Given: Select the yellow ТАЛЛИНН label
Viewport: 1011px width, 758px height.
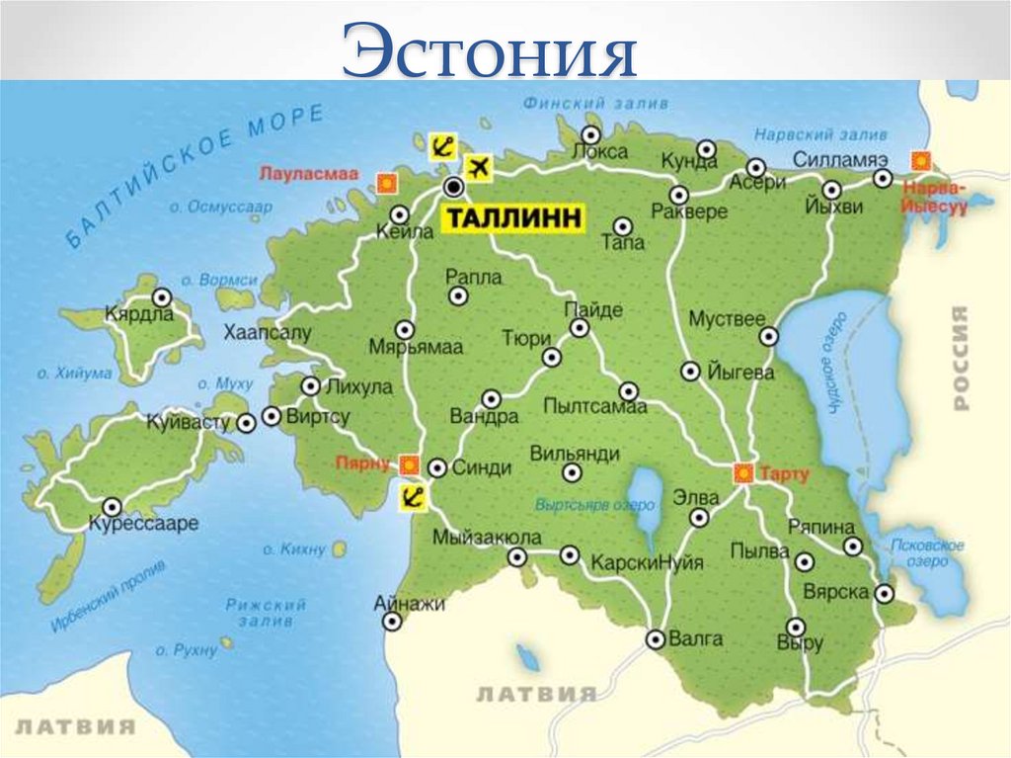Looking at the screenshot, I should (x=511, y=219).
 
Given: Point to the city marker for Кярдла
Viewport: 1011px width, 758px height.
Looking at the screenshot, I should (x=161, y=295).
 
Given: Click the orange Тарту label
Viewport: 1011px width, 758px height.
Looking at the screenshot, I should (x=785, y=474).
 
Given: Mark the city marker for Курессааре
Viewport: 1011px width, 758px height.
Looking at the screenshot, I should (x=114, y=505).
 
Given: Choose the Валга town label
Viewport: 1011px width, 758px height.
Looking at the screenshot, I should (x=696, y=639).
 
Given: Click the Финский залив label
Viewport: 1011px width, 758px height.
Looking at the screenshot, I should (x=595, y=104).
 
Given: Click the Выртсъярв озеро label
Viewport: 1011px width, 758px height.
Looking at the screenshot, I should (x=595, y=503).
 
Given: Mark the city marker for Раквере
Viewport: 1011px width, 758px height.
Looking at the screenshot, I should (x=679, y=194).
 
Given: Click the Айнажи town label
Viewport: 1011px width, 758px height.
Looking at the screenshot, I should (x=410, y=603).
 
